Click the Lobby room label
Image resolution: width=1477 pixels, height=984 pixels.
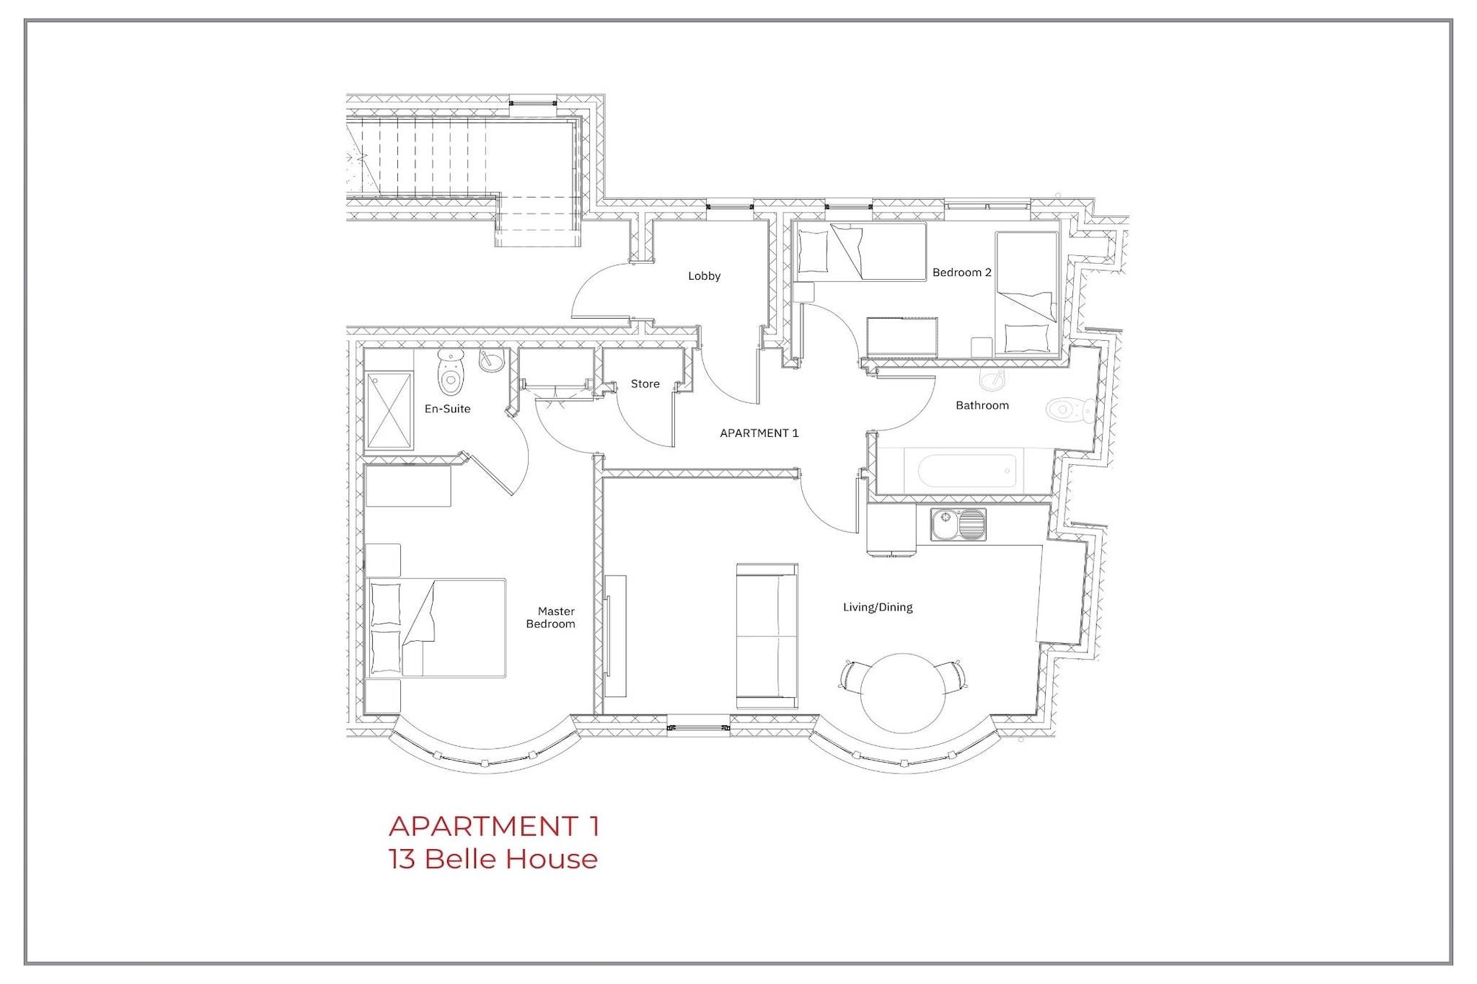pyautogui.click(x=704, y=276)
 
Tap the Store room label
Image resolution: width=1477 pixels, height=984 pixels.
pyautogui.click(x=645, y=384)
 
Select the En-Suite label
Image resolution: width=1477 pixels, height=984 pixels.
pyautogui.click(x=447, y=409)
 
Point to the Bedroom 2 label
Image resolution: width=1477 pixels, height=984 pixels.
pyautogui.click(x=962, y=272)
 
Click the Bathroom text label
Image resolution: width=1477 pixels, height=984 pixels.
pyautogui.click(x=982, y=405)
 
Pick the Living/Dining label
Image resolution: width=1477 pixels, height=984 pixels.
pyautogui.click(x=878, y=607)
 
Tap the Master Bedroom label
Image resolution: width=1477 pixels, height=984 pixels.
pyautogui.click(x=551, y=618)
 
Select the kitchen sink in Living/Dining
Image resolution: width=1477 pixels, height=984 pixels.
pyautogui.click(x=958, y=524)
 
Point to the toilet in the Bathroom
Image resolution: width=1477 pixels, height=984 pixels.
pyautogui.click(x=1069, y=410)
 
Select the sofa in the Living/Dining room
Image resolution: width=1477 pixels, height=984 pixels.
pyautogui.click(x=767, y=636)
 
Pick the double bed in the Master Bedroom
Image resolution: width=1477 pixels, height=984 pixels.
pyautogui.click(x=436, y=627)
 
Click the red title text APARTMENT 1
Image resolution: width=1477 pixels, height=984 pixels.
pyautogui.click(x=494, y=826)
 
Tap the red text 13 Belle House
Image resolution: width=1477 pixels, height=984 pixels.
pyautogui.click(x=493, y=859)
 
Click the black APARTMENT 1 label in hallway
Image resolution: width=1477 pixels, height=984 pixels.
pyautogui.click(x=759, y=433)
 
